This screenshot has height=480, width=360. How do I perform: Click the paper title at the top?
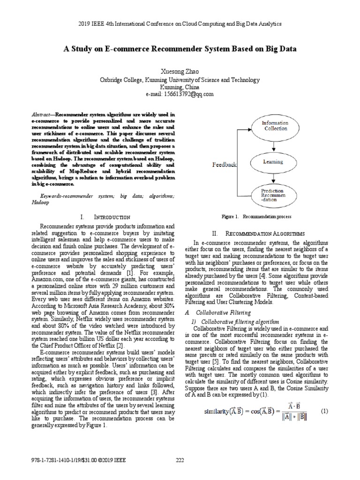[180, 48]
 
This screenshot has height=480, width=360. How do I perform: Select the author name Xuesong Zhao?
[180, 72]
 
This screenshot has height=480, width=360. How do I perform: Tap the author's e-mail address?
[180, 94]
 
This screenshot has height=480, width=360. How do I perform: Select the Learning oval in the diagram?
[273, 162]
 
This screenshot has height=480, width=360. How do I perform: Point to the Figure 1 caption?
[257, 217]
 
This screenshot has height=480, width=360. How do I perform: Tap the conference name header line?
[180, 23]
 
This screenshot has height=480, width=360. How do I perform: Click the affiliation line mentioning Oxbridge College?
[180, 80]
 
